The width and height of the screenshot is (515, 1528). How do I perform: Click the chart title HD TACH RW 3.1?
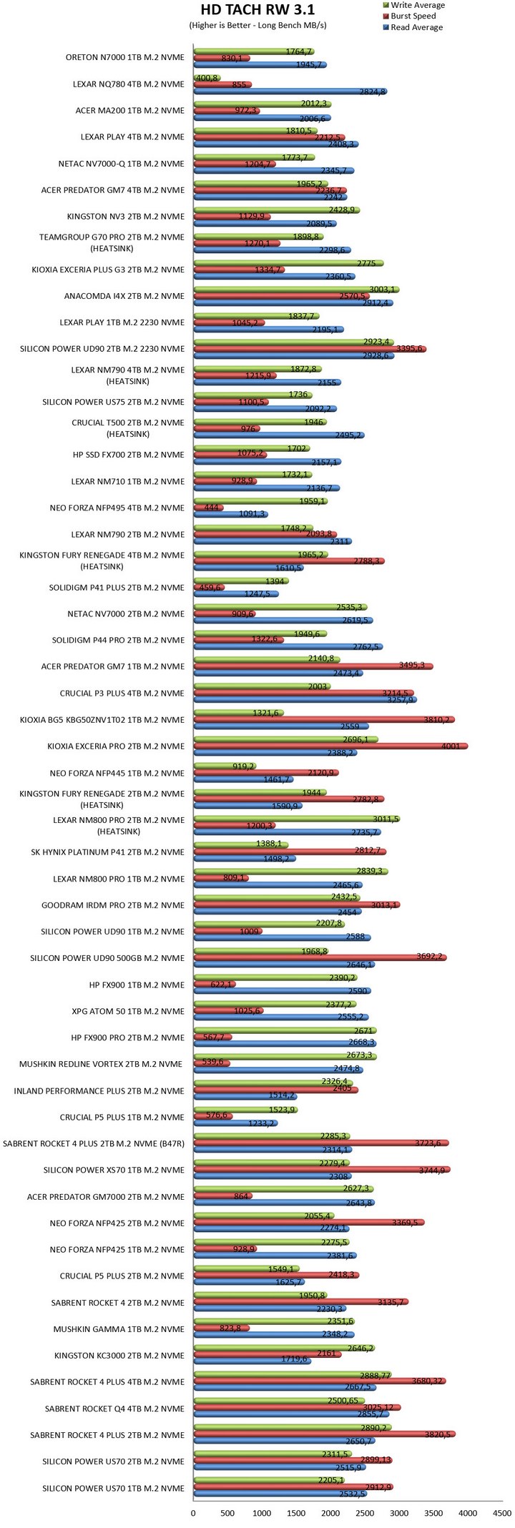(257, 10)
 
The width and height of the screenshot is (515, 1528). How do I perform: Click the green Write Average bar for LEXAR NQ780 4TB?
(207, 78)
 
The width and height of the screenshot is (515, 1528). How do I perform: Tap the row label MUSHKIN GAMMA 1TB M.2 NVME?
(119, 1329)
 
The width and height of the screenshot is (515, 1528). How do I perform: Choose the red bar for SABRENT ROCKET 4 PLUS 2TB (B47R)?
(321, 1143)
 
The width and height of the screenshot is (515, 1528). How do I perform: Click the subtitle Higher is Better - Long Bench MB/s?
(257, 26)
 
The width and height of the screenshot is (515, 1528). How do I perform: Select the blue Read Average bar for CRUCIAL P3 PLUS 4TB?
(305, 699)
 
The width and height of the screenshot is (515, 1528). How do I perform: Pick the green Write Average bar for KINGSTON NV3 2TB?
(276, 210)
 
